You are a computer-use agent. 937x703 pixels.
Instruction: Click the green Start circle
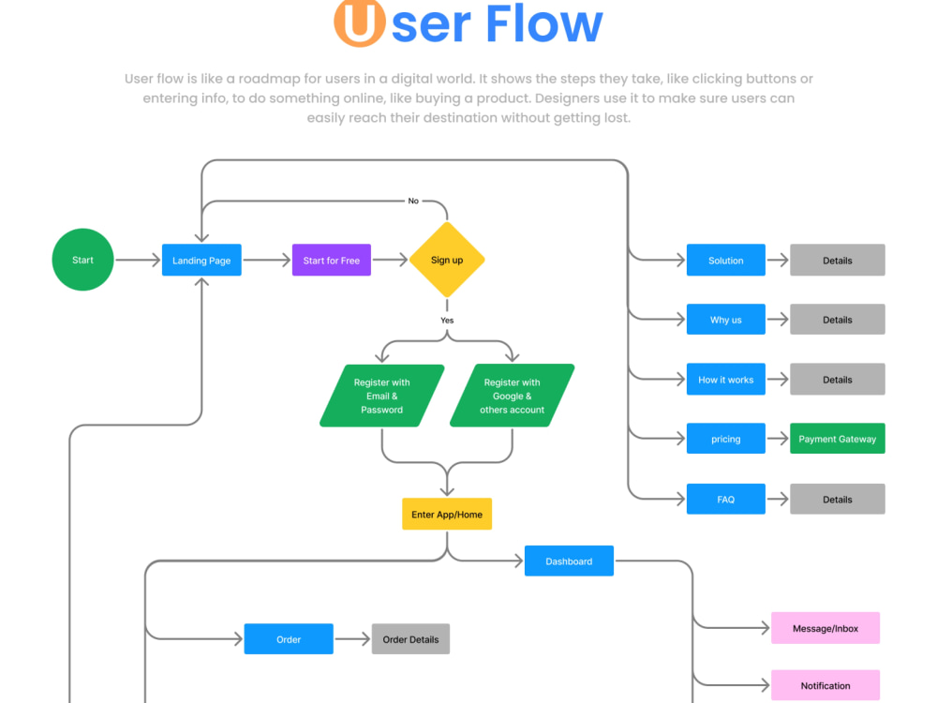tap(82, 260)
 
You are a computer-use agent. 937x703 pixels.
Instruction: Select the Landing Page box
tap(201, 260)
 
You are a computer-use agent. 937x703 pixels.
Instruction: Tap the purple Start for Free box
tap(331, 260)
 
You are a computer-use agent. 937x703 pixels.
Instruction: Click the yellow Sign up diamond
tap(447, 260)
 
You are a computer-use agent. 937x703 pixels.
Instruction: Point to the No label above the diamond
tap(413, 201)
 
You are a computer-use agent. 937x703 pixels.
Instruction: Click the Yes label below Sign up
tap(447, 321)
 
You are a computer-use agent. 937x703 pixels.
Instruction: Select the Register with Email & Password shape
tap(382, 396)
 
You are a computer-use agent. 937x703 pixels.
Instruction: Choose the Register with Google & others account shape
tap(513, 396)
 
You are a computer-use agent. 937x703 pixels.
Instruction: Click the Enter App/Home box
tap(447, 514)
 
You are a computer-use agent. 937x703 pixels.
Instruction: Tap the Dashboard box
tap(569, 561)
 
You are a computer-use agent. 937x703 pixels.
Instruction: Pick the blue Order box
tap(289, 639)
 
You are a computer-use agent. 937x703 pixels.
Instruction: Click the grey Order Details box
tap(410, 639)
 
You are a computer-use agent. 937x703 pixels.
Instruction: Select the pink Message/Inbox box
tap(825, 628)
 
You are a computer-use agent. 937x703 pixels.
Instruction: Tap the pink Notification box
tap(825, 685)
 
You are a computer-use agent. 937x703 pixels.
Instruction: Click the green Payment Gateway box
tap(837, 438)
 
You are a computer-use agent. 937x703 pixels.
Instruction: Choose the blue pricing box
tap(725, 438)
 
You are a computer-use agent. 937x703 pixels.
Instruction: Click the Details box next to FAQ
tap(837, 499)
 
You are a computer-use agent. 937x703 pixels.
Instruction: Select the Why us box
tap(725, 320)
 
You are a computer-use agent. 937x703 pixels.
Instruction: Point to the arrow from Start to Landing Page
tap(138, 260)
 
